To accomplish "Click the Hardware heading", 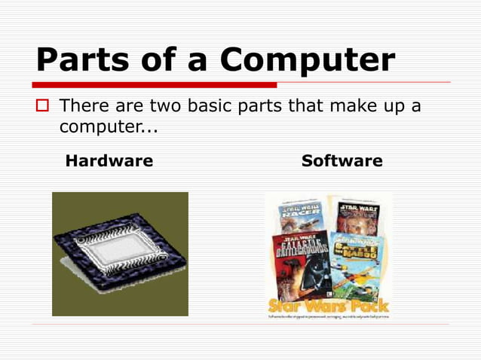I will click(x=109, y=161).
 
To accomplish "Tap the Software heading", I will click(x=342, y=161).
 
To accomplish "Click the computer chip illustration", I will click(x=120, y=254).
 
